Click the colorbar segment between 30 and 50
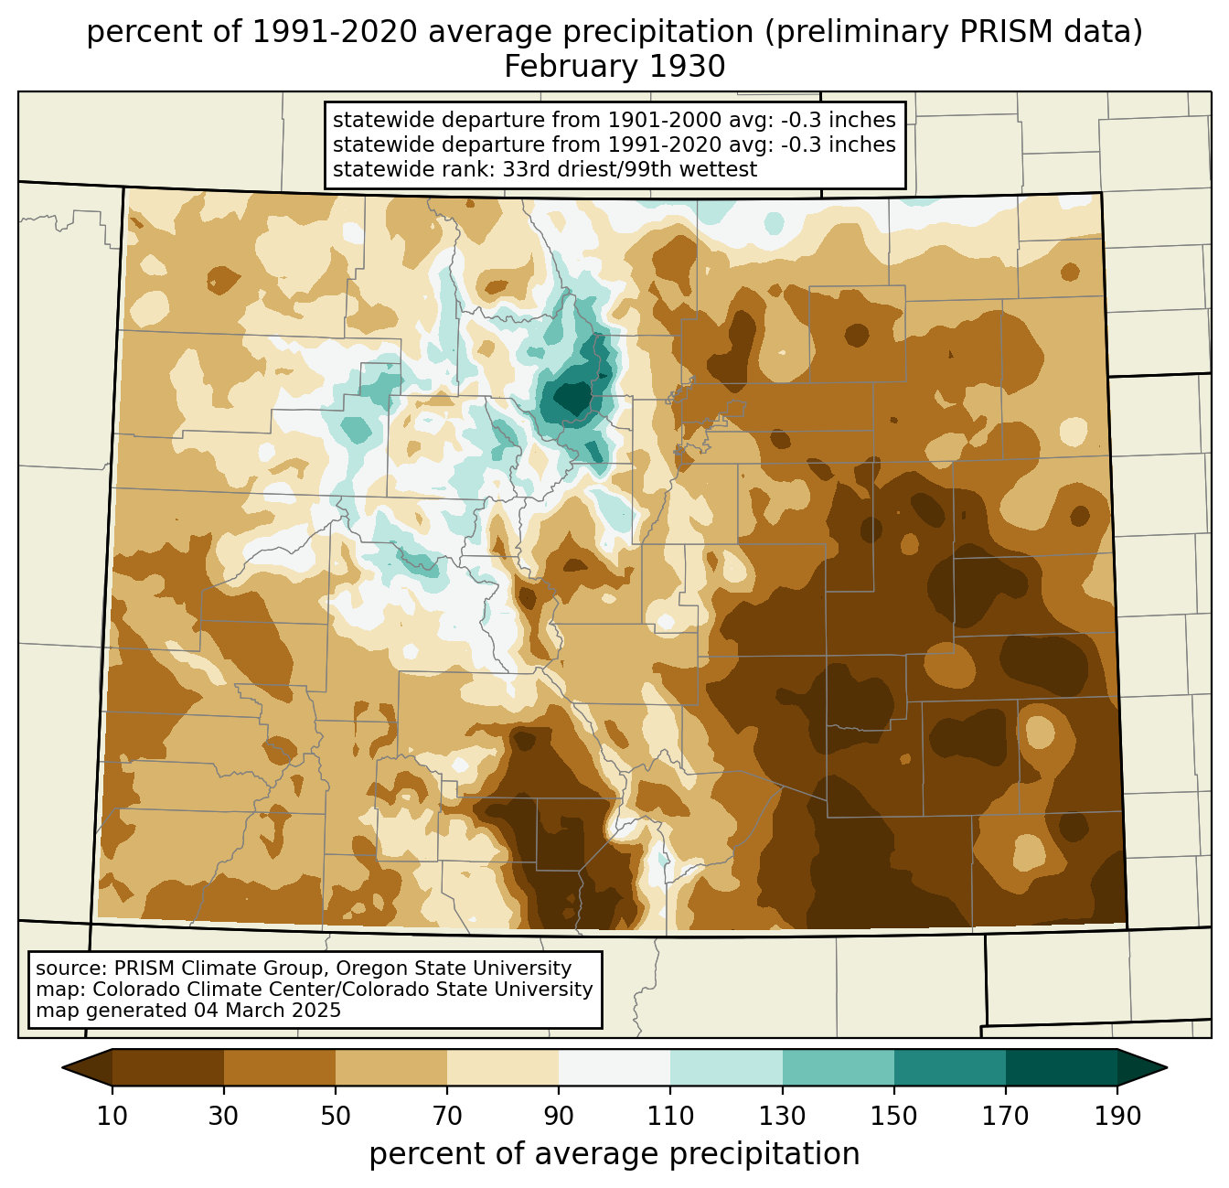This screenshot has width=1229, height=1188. [279, 1067]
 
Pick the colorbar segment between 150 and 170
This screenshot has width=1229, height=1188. [950, 1067]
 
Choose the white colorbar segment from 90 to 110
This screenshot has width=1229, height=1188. [614, 1067]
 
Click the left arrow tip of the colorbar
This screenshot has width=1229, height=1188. [62, 1067]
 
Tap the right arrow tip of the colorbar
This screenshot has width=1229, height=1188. [1167, 1067]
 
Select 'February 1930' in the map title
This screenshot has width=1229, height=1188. [614, 67]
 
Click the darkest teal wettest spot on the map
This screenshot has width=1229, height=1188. [571, 398]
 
